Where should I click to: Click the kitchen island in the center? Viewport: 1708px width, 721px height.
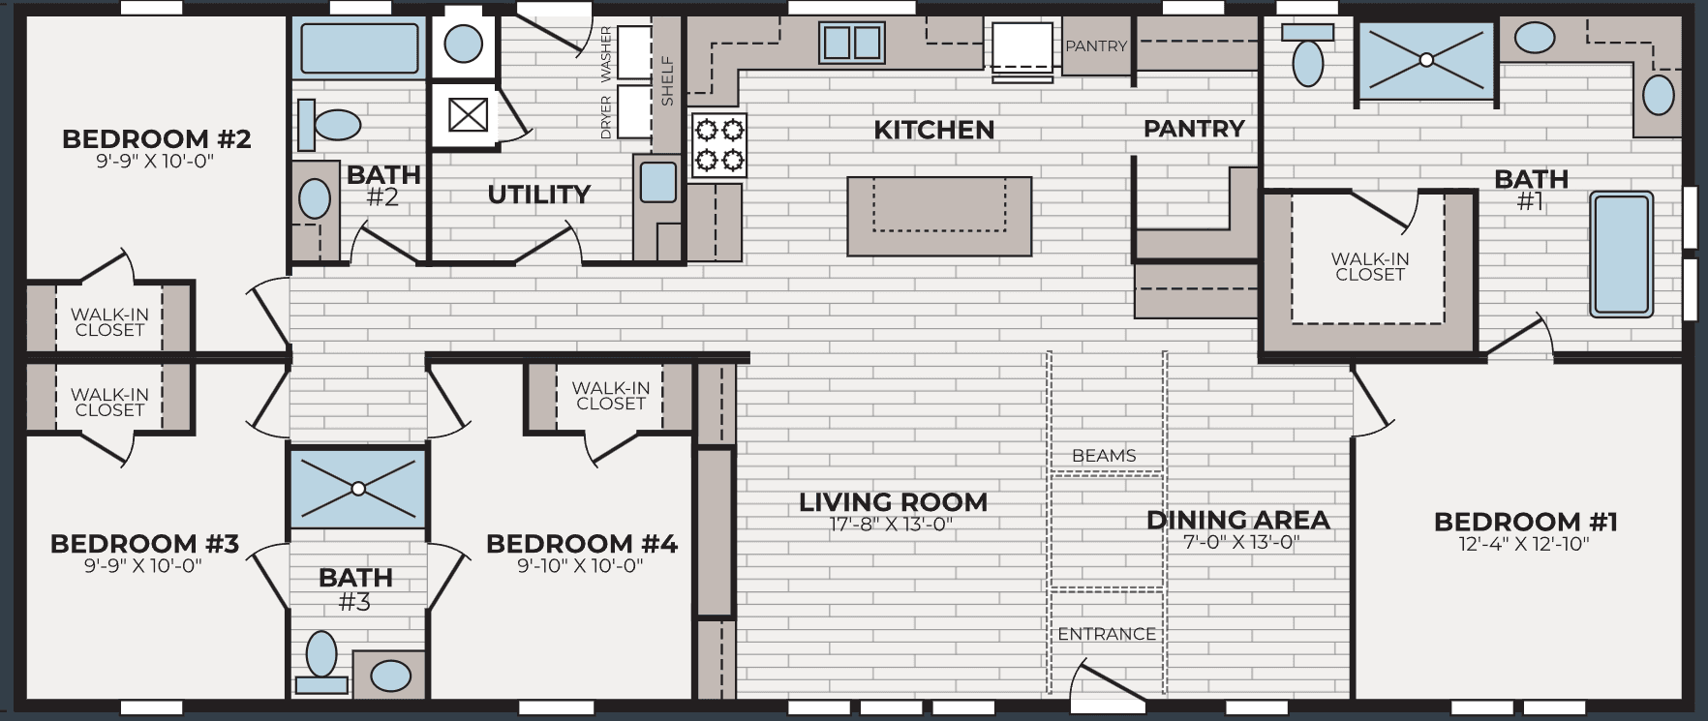tap(938, 216)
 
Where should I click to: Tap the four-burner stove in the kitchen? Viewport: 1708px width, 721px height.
tap(718, 144)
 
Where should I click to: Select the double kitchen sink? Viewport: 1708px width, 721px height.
tap(851, 43)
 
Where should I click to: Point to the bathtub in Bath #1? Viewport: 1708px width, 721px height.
tap(1620, 254)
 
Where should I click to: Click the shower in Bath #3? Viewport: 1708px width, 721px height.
tap(358, 488)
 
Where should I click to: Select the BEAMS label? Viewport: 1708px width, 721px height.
tap(1104, 456)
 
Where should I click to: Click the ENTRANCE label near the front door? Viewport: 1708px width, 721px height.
tap(1106, 634)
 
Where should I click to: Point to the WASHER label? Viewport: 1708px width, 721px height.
tap(606, 53)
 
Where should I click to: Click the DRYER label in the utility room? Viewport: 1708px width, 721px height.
tap(606, 116)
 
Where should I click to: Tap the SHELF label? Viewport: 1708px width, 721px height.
tap(667, 81)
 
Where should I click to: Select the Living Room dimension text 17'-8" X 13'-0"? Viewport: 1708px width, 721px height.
tap(891, 526)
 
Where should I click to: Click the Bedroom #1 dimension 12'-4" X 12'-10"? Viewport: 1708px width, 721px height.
tap(1524, 544)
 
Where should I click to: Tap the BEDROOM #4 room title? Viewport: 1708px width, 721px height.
tap(581, 543)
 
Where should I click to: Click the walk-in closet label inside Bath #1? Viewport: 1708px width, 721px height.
tap(1369, 266)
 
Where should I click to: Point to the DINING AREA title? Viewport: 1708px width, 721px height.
tap(1237, 520)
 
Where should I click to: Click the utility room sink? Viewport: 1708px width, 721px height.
tap(658, 181)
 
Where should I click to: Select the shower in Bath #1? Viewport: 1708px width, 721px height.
tap(1425, 60)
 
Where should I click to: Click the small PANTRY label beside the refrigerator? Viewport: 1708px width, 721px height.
tap(1096, 45)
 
